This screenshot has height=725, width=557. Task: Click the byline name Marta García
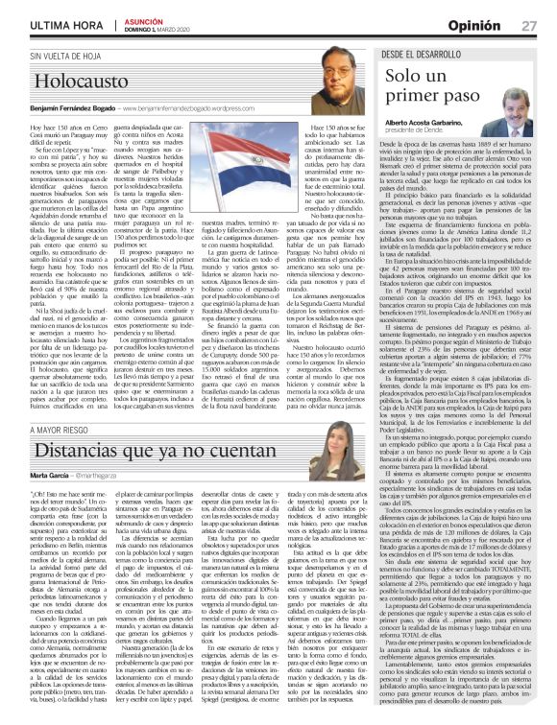tap(28, 449)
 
